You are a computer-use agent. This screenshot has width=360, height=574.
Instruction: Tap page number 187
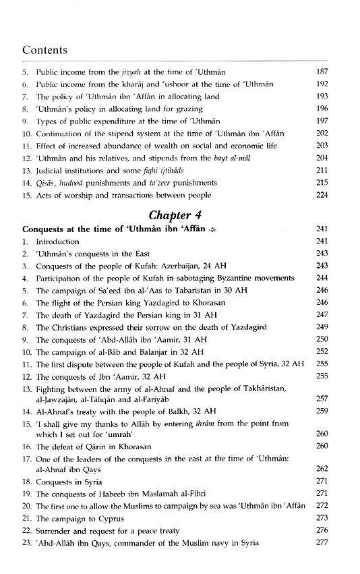click(x=321, y=72)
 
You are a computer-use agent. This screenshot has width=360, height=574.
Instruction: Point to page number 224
click(x=321, y=195)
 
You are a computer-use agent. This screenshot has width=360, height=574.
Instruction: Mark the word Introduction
click(x=57, y=241)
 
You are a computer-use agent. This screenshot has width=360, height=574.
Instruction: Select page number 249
click(x=321, y=327)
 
